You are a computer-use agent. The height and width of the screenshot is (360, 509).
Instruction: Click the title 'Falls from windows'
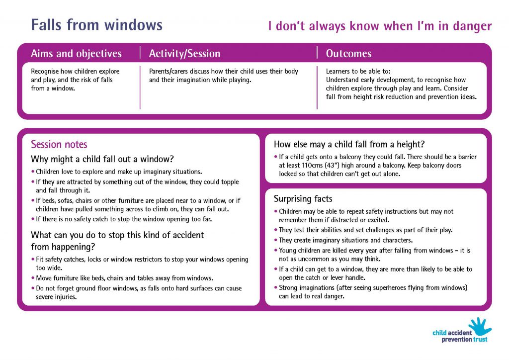pos(96,24)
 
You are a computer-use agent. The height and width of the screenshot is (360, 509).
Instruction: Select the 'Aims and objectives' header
pos(76,54)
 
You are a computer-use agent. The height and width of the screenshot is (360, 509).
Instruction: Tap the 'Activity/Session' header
pos(184,54)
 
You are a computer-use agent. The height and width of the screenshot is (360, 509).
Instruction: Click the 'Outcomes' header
pos(348,54)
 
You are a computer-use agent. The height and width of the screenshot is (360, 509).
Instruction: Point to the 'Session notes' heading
pos(59,145)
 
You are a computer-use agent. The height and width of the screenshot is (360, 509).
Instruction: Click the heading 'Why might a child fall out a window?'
pos(102,160)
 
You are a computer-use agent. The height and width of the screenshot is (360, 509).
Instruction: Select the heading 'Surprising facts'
pos(303,199)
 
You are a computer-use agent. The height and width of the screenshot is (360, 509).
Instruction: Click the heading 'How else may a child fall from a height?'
pos(349,145)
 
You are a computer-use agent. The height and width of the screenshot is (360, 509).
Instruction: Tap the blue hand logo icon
pos(479,327)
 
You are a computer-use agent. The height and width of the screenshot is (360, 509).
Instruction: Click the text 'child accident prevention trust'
pos(459,337)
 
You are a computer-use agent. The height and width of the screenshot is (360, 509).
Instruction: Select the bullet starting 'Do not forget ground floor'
pos(139,292)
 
